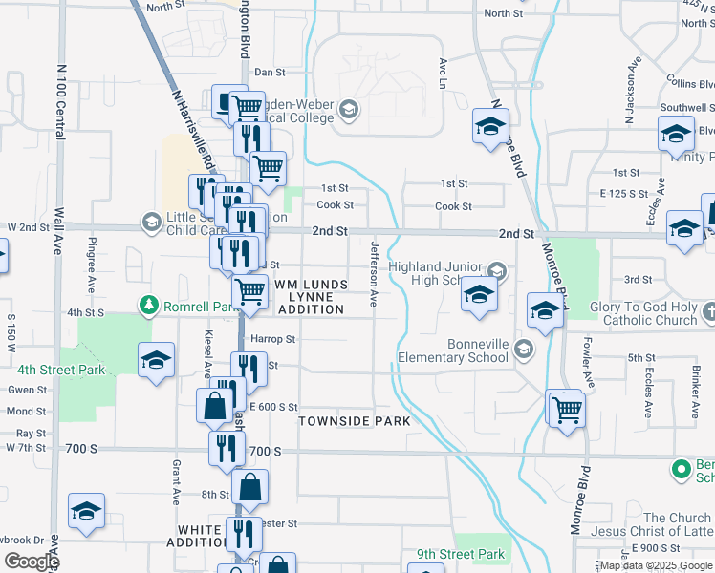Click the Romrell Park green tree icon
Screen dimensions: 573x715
[x=148, y=305]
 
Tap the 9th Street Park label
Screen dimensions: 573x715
[x=460, y=554]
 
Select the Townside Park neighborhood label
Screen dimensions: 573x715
[x=354, y=421]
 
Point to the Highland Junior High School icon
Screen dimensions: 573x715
[x=496, y=271]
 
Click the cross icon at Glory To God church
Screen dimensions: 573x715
[x=708, y=311]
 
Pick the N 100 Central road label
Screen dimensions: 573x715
[x=61, y=102]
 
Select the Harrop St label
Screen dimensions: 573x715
[x=272, y=339]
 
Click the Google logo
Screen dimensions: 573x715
[x=31, y=562]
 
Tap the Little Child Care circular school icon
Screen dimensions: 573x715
[x=151, y=222]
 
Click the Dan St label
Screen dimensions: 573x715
[x=270, y=72]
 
